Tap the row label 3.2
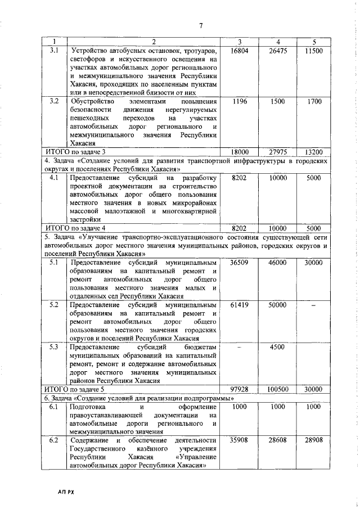(x=55, y=101)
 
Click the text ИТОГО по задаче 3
(x=75, y=152)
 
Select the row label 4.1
(x=55, y=178)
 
